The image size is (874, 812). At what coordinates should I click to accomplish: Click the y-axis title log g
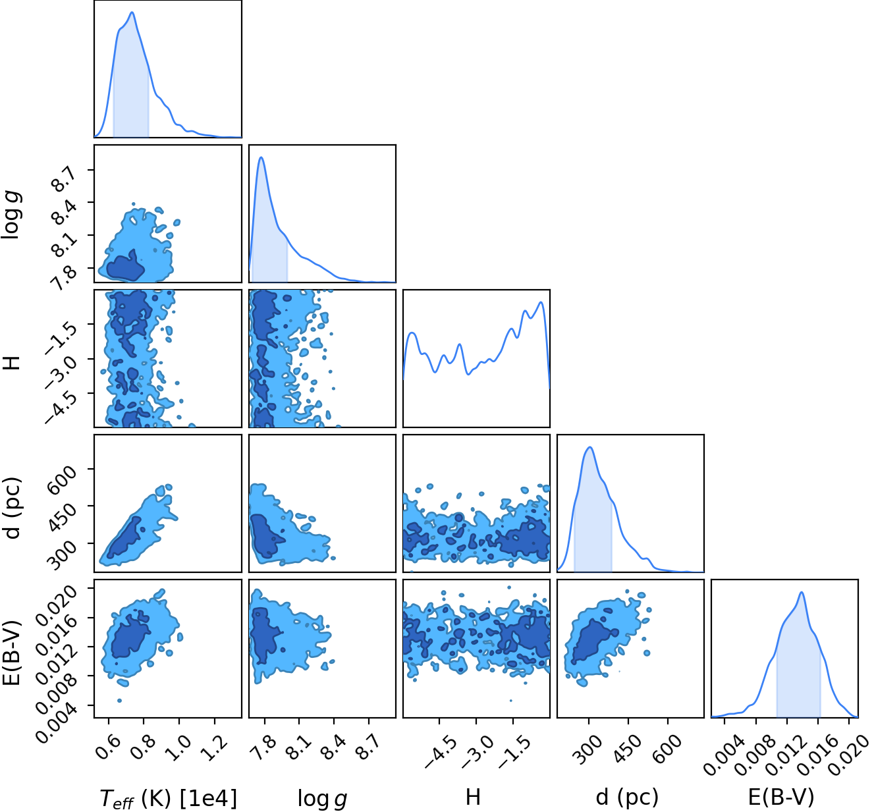coord(11,215)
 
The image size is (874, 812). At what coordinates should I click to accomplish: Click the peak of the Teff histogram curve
coord(132,13)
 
